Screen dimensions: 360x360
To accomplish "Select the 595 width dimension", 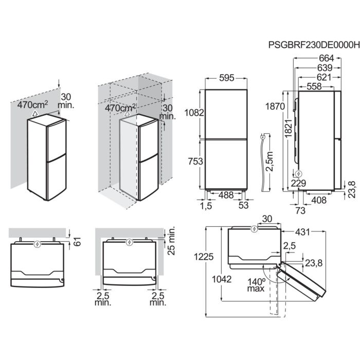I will [226, 78].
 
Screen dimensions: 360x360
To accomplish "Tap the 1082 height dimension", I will [196, 113].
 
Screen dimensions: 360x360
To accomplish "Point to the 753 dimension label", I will [196, 161].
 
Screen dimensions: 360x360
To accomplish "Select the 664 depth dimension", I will [326, 58].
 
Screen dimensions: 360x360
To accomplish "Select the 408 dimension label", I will [319, 200].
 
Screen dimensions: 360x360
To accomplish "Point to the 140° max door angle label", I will [255, 284].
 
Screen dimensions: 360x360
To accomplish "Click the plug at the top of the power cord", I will [263, 138].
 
